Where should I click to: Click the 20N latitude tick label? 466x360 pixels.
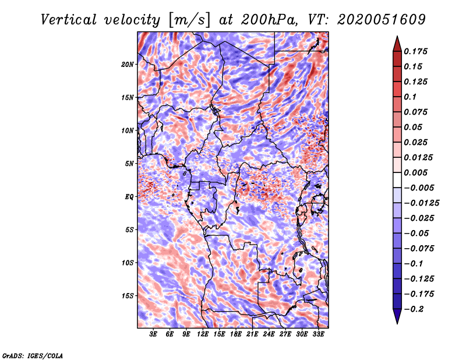coord(128,64)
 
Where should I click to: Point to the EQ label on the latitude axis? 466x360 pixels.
coord(129,197)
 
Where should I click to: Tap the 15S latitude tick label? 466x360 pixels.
coord(128,296)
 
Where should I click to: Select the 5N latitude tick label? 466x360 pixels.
coord(129,164)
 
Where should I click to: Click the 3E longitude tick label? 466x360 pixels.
coord(154,334)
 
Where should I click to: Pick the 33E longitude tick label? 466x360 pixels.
coord(319,334)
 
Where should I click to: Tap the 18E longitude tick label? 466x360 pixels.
coord(236,334)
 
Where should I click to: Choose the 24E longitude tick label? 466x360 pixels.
coord(269,334)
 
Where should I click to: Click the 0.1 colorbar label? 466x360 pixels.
coord(414,97)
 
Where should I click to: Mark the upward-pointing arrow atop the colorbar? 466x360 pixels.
coord(397,43)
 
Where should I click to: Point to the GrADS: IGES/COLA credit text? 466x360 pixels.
coord(33,355)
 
